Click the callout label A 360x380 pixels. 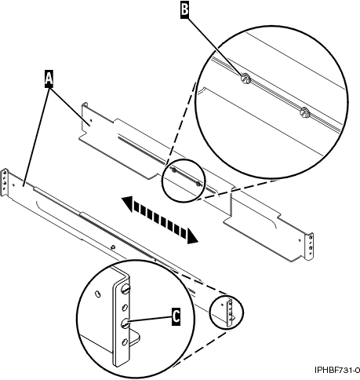49,78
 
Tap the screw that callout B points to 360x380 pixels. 245,79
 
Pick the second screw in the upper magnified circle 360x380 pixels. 304,114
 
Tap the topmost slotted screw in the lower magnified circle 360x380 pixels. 125,289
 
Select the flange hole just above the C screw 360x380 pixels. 125,306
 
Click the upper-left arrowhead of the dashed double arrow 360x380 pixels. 126,203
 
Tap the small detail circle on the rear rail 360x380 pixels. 182,178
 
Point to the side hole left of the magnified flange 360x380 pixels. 97,294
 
